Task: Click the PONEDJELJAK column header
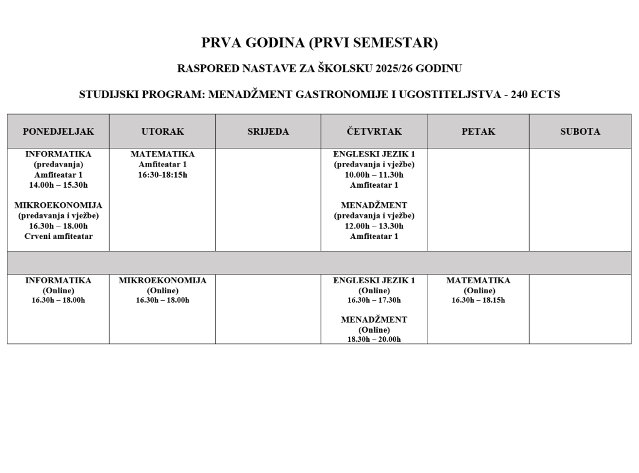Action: click(x=58, y=132)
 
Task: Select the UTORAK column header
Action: click(x=162, y=132)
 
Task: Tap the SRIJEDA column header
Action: click(x=268, y=132)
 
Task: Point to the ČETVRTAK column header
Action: click(x=374, y=132)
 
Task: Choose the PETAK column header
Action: click(x=478, y=132)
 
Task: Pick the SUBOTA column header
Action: click(x=580, y=132)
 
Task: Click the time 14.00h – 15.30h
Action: click(x=58, y=185)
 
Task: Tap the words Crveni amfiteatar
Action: click(x=58, y=236)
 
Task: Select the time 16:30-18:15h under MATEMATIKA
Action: click(x=162, y=175)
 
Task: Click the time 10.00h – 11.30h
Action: click(x=374, y=175)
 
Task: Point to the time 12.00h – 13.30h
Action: click(x=374, y=226)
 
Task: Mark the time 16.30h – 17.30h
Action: click(x=374, y=300)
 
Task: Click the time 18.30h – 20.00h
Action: click(x=374, y=339)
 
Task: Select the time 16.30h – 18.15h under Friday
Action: click(x=478, y=300)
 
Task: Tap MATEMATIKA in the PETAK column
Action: click(x=478, y=280)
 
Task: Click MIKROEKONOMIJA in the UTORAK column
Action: click(x=162, y=280)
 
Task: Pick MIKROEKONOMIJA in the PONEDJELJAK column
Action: click(x=58, y=205)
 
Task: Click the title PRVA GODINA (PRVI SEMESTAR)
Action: click(x=319, y=43)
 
